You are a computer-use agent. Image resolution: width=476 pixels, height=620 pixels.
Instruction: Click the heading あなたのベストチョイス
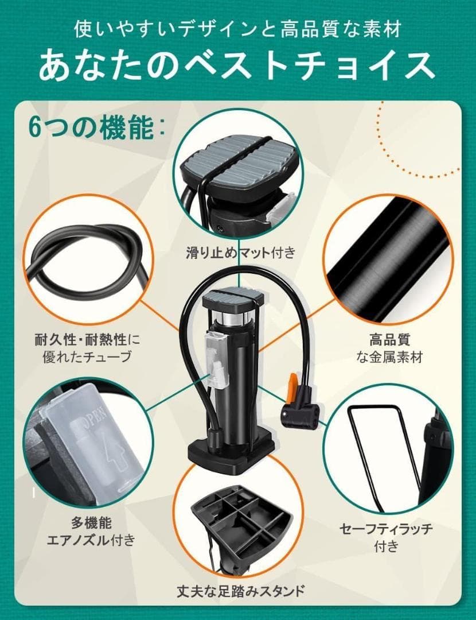pos(237,65)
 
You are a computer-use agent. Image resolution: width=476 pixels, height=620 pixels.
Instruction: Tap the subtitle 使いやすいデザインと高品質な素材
pos(238,29)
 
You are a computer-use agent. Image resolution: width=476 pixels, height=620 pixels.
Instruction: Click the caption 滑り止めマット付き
pos(240,252)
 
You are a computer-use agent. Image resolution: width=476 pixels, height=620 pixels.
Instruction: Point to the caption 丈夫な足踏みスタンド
pos(241,591)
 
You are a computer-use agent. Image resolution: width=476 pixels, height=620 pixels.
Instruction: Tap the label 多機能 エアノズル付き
pos(91,532)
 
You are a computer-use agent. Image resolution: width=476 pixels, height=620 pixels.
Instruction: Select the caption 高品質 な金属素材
pos(389,348)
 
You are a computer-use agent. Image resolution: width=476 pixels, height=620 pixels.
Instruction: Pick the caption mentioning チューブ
pos(87,348)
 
